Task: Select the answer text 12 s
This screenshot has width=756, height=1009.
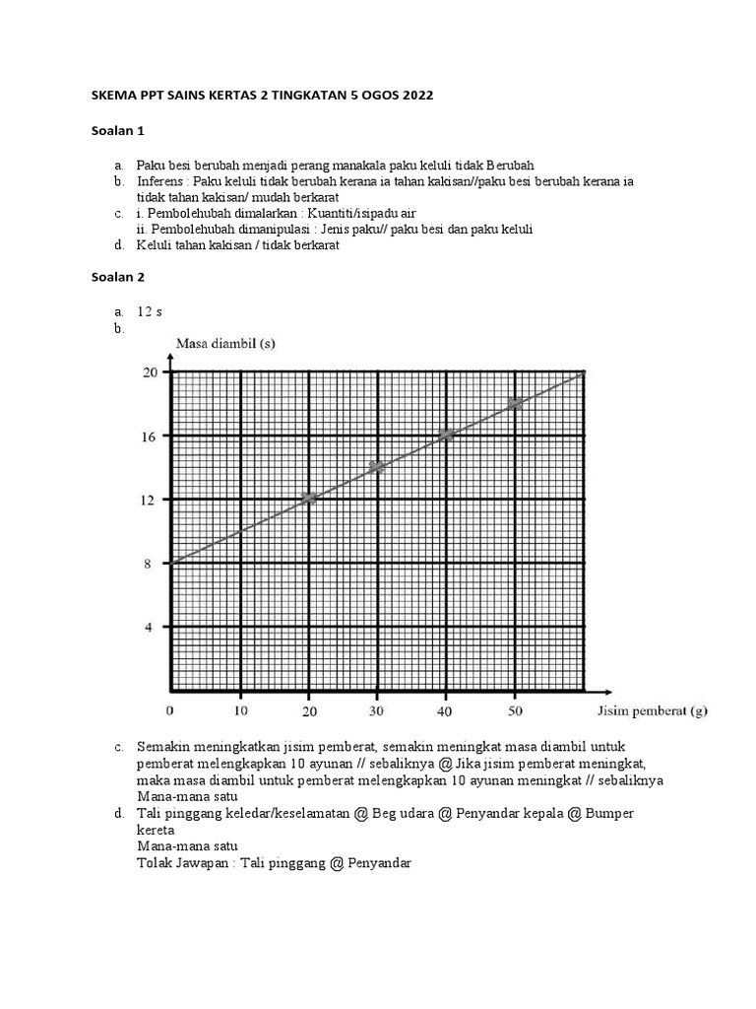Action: tap(150, 311)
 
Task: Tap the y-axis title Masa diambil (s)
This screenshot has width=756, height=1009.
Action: tap(225, 343)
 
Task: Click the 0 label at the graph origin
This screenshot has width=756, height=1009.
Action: tap(170, 710)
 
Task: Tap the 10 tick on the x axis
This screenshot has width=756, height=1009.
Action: tap(239, 710)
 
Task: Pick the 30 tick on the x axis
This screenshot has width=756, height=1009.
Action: tap(376, 710)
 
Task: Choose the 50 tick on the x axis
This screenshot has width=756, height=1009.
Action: tap(514, 710)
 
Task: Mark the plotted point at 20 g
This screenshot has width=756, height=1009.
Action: tap(308, 499)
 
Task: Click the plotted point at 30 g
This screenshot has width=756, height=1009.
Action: tap(376, 467)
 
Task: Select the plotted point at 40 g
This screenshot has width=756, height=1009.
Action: tap(445, 435)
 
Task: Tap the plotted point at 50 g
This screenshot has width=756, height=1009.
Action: tap(514, 403)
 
